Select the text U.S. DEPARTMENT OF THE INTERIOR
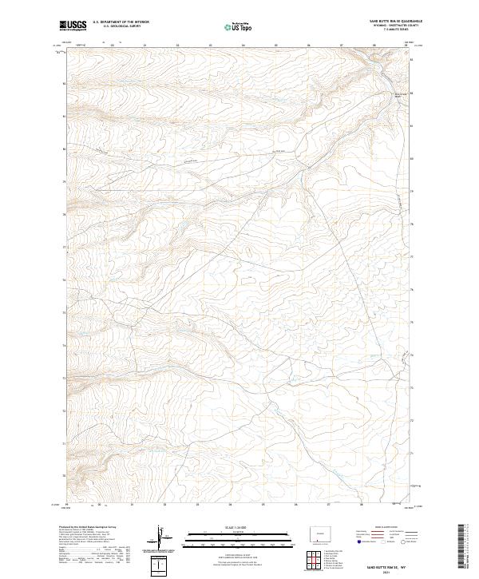pos(121,22)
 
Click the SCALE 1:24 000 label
pos(229,527)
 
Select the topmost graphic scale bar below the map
pos(229,533)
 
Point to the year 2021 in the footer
pos(390,571)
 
